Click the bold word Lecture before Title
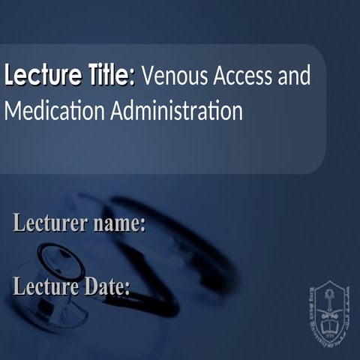point(38,76)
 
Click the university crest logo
point(329,309)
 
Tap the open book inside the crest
point(329,325)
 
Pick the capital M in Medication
point(12,111)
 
